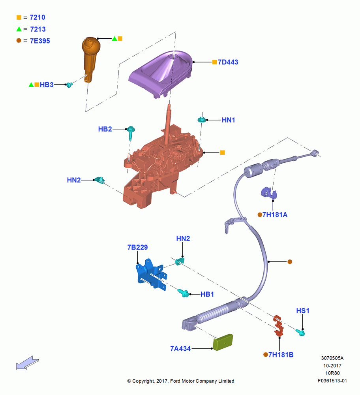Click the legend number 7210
[37, 17]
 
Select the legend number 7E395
[40, 41]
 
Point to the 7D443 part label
[228, 62]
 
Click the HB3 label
[47, 85]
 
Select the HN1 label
[228, 120]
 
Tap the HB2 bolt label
[105, 129]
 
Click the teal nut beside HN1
[201, 119]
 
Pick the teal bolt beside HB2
[131, 132]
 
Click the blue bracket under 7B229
[151, 275]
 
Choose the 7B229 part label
[137, 247]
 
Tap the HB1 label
[207, 294]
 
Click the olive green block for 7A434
[223, 342]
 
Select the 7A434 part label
[180, 349]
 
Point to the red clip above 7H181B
[278, 326]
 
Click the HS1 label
[303, 311]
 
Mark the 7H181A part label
[275, 215]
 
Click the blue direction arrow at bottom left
[28, 363]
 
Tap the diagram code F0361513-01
[332, 381]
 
